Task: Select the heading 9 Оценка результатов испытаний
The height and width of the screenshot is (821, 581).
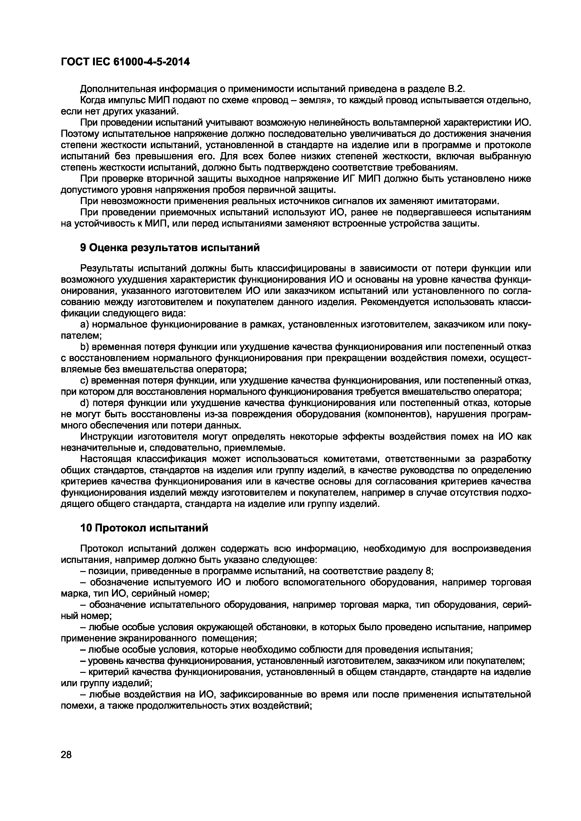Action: click(170, 247)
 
